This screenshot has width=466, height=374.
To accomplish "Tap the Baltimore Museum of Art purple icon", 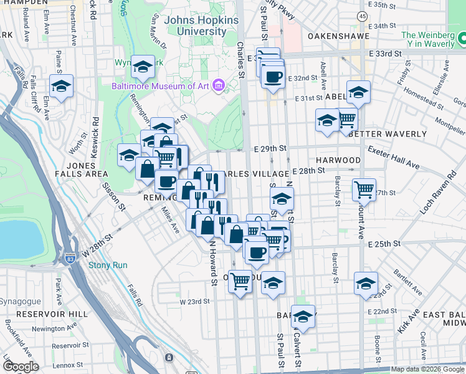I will point(218,85).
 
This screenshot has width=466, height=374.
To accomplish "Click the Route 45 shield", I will point(362,15).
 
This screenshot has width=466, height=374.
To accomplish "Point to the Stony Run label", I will point(108,265).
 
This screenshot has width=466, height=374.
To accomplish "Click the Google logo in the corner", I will point(21,366).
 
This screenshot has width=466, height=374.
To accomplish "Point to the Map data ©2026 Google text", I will point(427,369).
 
